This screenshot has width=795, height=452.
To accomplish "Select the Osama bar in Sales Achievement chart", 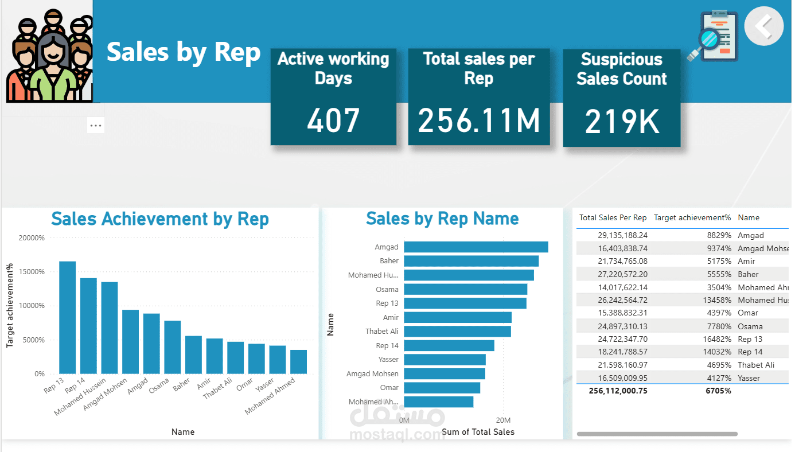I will [x=173, y=347].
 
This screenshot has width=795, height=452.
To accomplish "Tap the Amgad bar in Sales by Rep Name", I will [x=476, y=247].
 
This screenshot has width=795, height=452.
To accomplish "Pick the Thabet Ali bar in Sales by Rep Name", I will [x=457, y=332].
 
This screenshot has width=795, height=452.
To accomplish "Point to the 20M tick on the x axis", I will [x=503, y=420].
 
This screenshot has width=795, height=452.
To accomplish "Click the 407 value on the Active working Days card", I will [x=333, y=120].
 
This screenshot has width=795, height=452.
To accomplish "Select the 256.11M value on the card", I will [x=479, y=120].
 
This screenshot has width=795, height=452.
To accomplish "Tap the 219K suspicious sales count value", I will [x=622, y=121].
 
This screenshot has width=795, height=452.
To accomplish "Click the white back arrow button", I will [x=763, y=26].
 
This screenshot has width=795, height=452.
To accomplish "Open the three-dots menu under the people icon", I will [x=96, y=125].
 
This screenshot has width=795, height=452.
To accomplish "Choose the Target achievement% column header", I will [x=692, y=218].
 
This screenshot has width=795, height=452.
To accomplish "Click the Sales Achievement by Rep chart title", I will [x=160, y=219].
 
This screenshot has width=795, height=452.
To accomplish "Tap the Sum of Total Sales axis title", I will [x=478, y=432].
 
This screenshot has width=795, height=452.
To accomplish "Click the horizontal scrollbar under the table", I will [x=657, y=434].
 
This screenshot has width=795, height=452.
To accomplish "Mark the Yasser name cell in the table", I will [x=749, y=378].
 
